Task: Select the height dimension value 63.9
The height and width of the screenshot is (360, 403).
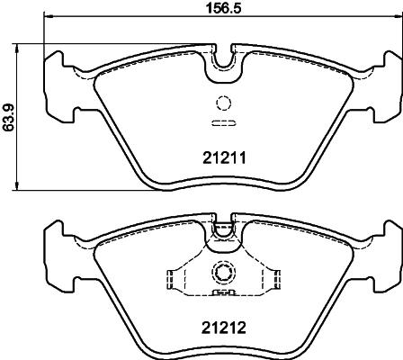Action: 10,117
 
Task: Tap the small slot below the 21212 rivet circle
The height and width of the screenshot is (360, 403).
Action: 222,292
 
